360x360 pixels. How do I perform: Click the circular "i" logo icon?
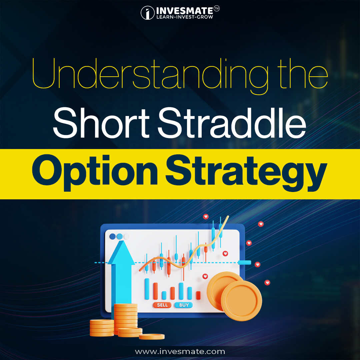pos(147,13)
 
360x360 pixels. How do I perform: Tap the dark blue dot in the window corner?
pos(112,236)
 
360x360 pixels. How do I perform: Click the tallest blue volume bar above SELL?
pos(147,289)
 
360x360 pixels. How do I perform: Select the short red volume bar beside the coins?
pos(198,295)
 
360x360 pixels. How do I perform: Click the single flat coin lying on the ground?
pos(152,337)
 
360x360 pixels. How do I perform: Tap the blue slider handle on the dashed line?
pos(245,263)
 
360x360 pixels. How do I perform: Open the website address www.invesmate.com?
pos(180,351)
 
